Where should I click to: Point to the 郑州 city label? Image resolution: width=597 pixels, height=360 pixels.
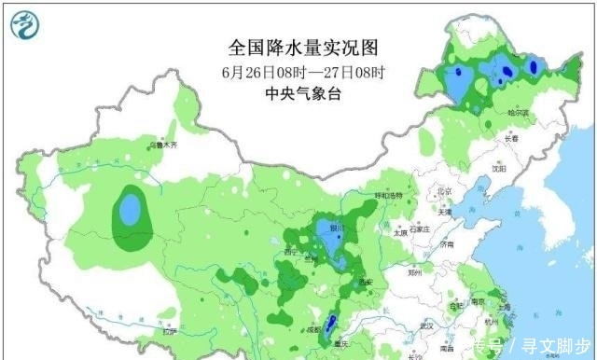click(416, 273)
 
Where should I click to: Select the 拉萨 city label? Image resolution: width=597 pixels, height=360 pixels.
click(168, 332)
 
